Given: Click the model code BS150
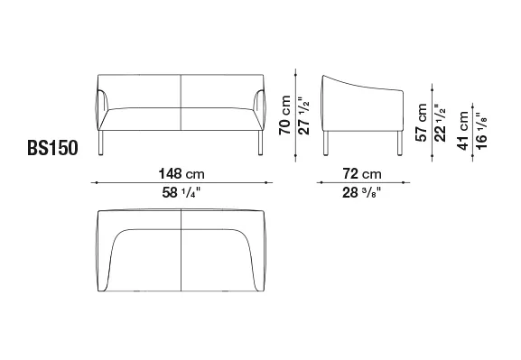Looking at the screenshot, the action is (52, 148).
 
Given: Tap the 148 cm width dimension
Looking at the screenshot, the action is (181, 174).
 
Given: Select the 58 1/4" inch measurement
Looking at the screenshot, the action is (181, 192).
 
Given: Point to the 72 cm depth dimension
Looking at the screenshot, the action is (362, 174).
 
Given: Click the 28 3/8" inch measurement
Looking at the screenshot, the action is (362, 192).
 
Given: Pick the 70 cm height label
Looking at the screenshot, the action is (285, 115).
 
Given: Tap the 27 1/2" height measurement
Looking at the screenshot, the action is (303, 115).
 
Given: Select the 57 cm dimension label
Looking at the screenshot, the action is (422, 123).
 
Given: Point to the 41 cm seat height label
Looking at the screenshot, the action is (463, 131).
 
